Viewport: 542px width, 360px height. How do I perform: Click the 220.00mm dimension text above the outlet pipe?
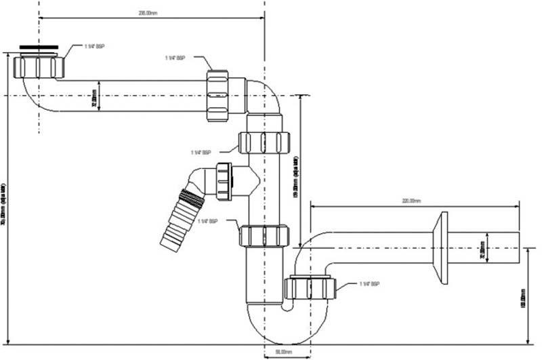(412, 201)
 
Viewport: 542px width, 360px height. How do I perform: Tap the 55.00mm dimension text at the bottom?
(283, 352)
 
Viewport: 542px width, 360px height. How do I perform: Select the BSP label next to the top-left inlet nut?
(95, 46)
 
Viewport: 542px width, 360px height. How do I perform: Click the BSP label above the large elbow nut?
(175, 58)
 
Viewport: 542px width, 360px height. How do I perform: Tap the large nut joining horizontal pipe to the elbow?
(222, 96)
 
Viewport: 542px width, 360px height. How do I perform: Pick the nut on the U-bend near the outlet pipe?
(311, 287)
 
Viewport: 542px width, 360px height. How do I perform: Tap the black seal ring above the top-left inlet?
(39, 48)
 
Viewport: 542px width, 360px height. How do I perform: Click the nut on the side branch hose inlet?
(224, 181)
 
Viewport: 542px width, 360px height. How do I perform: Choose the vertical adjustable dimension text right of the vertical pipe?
(297, 178)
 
